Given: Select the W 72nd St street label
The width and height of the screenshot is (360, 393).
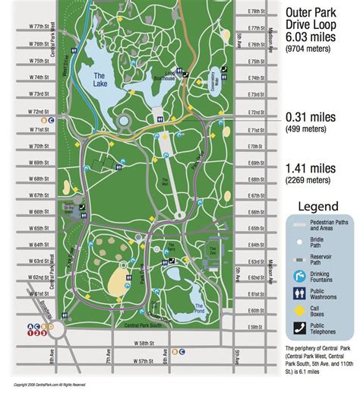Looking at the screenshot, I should [32, 111].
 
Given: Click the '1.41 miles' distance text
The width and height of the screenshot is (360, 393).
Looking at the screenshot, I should [310, 169].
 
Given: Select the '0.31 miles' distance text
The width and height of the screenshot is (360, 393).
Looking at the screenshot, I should [310, 117].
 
